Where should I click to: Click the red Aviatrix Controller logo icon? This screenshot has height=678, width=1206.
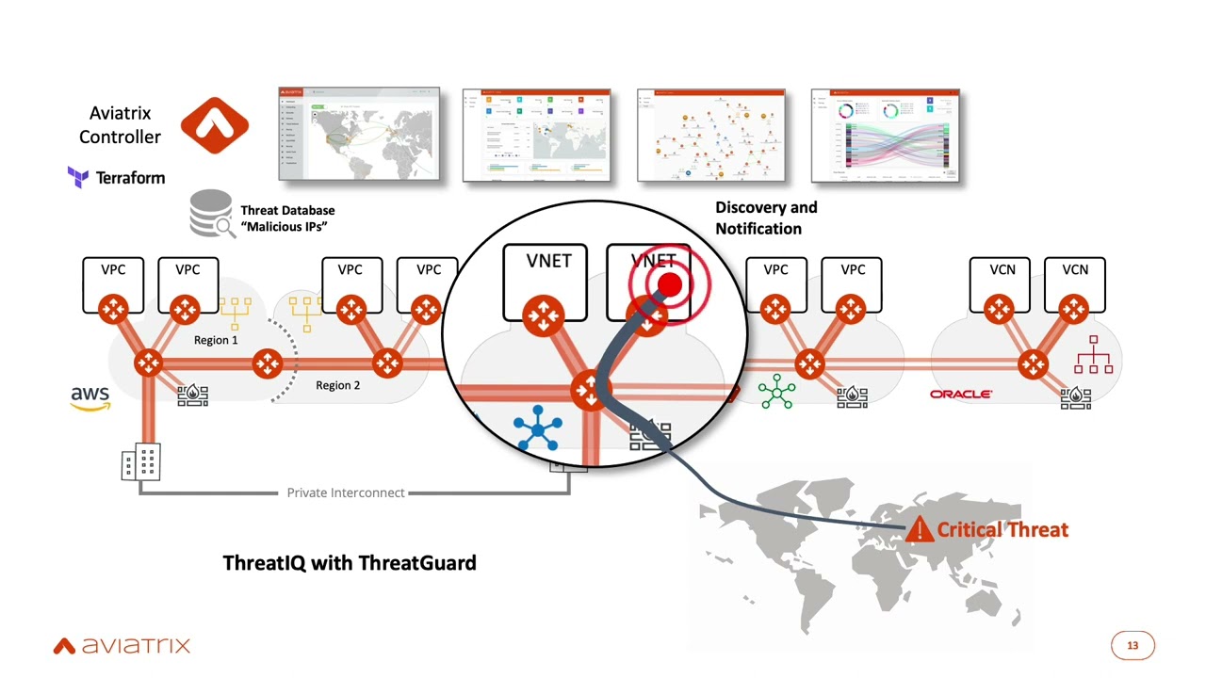pyautogui.click(x=214, y=125)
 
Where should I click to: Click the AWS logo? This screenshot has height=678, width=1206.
pyautogui.click(x=90, y=397)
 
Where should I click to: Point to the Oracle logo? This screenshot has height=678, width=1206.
pyautogui.click(x=960, y=394)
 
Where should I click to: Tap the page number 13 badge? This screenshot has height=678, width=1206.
pyautogui.click(x=1133, y=645)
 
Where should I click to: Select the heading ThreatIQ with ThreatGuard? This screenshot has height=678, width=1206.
pyautogui.click(x=350, y=562)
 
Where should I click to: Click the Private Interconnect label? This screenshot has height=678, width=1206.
pyautogui.click(x=346, y=492)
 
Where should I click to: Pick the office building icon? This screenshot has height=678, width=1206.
pyautogui.click(x=141, y=461)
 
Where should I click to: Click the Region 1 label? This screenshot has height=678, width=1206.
pyautogui.click(x=216, y=340)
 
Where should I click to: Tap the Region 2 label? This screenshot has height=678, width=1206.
pyautogui.click(x=337, y=385)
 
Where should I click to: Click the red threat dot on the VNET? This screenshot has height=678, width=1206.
pyautogui.click(x=669, y=283)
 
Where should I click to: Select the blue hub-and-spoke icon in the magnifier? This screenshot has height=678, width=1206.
pyautogui.click(x=538, y=429)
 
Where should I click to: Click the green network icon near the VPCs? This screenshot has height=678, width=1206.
pyautogui.click(x=776, y=391)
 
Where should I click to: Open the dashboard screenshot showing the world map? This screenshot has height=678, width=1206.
pyautogui.click(x=359, y=134)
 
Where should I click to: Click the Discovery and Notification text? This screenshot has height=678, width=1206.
pyautogui.click(x=765, y=218)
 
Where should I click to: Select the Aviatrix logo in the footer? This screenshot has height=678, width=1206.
pyautogui.click(x=122, y=645)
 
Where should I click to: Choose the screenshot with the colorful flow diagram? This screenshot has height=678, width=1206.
pyautogui.click(x=886, y=136)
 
